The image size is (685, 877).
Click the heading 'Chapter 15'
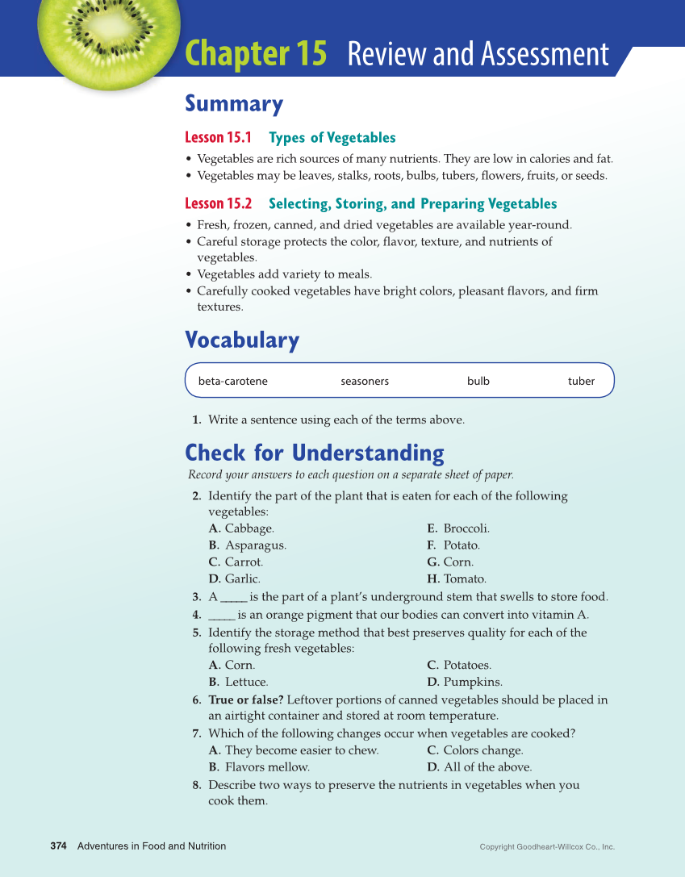coord(256,54)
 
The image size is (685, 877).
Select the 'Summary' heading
coord(234,104)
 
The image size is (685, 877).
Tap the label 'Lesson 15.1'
coord(219,138)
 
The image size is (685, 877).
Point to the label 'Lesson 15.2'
coord(219,204)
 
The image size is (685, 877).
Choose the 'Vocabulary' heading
coord(242,340)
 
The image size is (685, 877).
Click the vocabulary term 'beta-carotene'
coord(233,381)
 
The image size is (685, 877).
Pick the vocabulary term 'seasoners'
coord(365,381)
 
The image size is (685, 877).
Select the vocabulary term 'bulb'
coord(478,381)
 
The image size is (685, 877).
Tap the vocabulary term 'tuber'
coord(581,381)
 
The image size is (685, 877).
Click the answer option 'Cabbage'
coord(249,528)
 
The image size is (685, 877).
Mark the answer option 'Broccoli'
coord(466,528)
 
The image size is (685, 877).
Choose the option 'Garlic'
coord(242,578)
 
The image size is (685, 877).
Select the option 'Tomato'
coord(465,578)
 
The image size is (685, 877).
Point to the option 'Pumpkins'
coord(473,682)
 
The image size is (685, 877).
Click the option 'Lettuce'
coord(246,682)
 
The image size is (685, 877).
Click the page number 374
coord(58,846)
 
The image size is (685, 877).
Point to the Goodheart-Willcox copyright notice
coord(547,847)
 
